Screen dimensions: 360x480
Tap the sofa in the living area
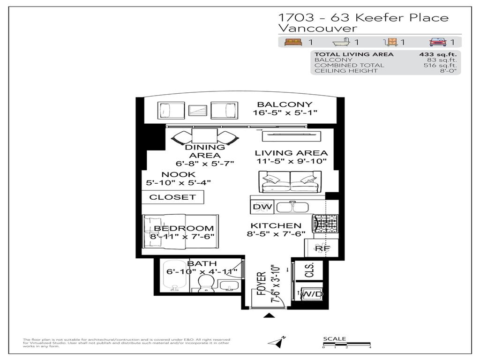point(290,182)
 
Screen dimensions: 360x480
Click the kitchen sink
point(292,207)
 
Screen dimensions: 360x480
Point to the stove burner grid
point(324,224)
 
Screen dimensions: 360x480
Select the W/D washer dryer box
point(312,294)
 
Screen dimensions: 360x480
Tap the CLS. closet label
point(309,270)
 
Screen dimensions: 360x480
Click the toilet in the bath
point(206,284)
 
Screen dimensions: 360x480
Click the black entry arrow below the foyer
point(269,315)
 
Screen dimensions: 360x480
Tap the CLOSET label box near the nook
point(172,197)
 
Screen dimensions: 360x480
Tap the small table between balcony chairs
point(197,111)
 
